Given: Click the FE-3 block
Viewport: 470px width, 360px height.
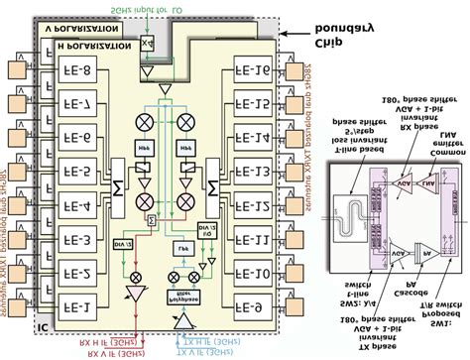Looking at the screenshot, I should click(x=78, y=238).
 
